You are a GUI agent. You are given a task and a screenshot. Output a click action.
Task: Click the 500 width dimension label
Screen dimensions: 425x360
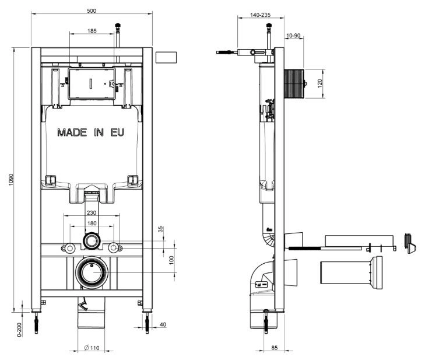pos(92,11)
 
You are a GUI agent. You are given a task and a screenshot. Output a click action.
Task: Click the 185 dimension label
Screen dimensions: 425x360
pos(92,31)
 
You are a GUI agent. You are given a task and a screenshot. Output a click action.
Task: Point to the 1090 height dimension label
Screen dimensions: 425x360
pos(11,180)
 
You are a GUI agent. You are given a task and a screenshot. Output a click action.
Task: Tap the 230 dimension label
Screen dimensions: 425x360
pos(92,213)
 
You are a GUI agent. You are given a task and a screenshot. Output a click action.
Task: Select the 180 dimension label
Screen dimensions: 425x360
pos(92,223)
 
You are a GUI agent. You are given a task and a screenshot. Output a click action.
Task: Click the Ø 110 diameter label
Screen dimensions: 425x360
pos(92,348)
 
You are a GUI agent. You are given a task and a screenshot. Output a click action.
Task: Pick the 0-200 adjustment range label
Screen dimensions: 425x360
pos(19,330)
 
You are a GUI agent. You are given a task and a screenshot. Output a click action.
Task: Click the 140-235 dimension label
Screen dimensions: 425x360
pos(260,15)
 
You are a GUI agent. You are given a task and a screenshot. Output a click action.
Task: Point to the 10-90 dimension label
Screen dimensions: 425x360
pos(293,36)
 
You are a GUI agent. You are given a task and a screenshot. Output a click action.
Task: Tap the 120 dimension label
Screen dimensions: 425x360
pos(320,83)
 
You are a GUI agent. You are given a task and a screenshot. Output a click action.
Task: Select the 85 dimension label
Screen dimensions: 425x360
pos(275,348)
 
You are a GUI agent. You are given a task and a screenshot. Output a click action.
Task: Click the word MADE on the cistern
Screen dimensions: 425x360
pos(72,132)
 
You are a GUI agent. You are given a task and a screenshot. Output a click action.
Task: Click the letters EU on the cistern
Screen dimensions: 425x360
pos(117,132)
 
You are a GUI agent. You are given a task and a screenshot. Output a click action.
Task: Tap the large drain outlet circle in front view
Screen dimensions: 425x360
pos(92,272)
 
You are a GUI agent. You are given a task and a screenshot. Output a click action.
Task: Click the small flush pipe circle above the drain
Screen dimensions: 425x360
pos(92,240)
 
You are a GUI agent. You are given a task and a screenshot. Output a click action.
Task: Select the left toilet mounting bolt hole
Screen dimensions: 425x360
pos(70,248)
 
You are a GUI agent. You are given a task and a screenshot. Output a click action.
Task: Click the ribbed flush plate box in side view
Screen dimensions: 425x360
pos(294,84)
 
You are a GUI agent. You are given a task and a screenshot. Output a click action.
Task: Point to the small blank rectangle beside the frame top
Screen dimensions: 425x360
pos(166,58)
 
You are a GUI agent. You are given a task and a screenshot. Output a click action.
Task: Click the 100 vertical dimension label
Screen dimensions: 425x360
pos(171,260)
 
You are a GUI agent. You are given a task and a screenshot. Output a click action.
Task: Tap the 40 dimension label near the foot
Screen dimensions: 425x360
pos(163,324)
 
